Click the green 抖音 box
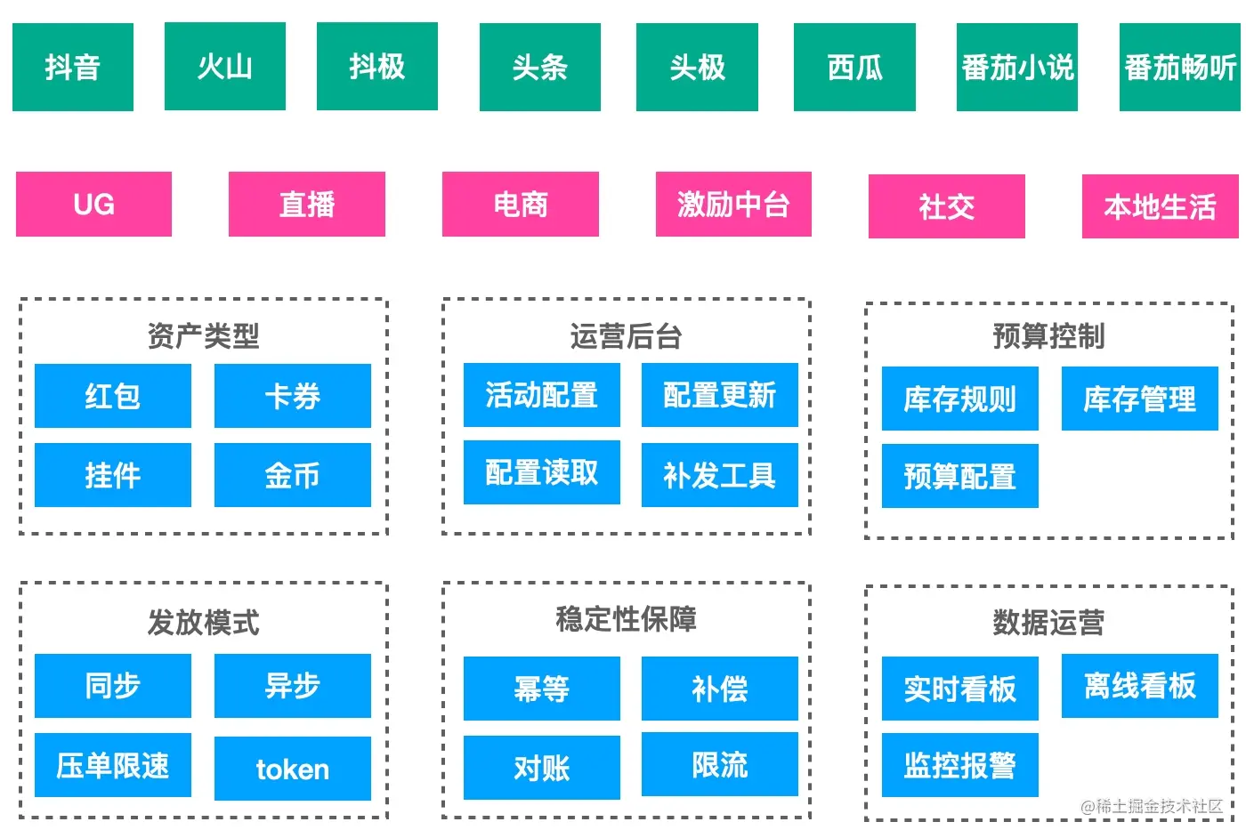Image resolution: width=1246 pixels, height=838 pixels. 73,68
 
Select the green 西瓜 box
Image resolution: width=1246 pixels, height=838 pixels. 854,68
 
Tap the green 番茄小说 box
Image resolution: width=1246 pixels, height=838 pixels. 1016,68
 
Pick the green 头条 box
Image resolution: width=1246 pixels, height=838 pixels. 539,68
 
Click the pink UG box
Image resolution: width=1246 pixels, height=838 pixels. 93,205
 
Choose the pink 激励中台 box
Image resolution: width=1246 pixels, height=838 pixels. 733,205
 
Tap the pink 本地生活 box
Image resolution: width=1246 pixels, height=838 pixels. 1160,206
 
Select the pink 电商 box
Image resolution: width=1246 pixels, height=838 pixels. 520,205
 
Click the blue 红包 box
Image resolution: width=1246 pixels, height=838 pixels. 113,396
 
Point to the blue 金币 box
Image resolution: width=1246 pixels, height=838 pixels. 292,475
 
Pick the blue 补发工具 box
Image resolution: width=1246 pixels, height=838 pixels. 719,475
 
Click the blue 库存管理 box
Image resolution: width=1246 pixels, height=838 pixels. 1139,399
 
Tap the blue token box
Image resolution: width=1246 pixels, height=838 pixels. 292,769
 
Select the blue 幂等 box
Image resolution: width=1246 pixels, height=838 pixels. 541,689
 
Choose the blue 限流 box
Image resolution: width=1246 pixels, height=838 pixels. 719,764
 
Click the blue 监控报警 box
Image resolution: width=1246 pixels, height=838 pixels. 959,765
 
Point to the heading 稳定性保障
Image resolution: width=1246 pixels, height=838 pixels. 626,618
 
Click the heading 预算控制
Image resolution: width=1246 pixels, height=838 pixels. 1048,336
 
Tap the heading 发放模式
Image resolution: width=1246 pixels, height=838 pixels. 203,622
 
